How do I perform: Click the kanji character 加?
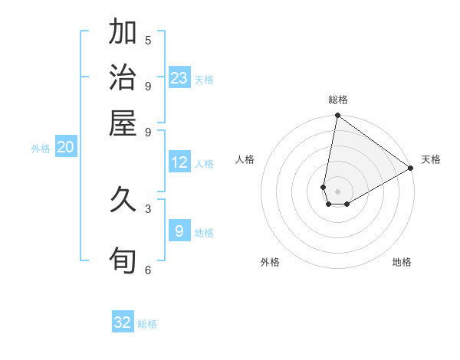pos(123,33)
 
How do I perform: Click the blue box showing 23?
pos(179,78)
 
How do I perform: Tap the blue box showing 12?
pos(179,162)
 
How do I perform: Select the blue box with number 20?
pos(65,148)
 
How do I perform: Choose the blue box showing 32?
pos(123,322)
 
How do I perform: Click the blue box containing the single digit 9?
pos(179,231)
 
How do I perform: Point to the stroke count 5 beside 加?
pos(148,40)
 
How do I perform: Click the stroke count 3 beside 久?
pos(148,208)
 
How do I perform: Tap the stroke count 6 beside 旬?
pos(148,270)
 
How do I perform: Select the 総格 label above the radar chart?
pos(338,100)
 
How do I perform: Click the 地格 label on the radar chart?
pos(402,262)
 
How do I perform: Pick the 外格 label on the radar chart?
pos(270,262)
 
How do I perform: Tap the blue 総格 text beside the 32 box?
pos(147,324)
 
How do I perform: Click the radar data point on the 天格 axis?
pos(411,169)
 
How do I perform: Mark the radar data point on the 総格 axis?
pos(337,116)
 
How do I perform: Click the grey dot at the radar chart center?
pos(337,191)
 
